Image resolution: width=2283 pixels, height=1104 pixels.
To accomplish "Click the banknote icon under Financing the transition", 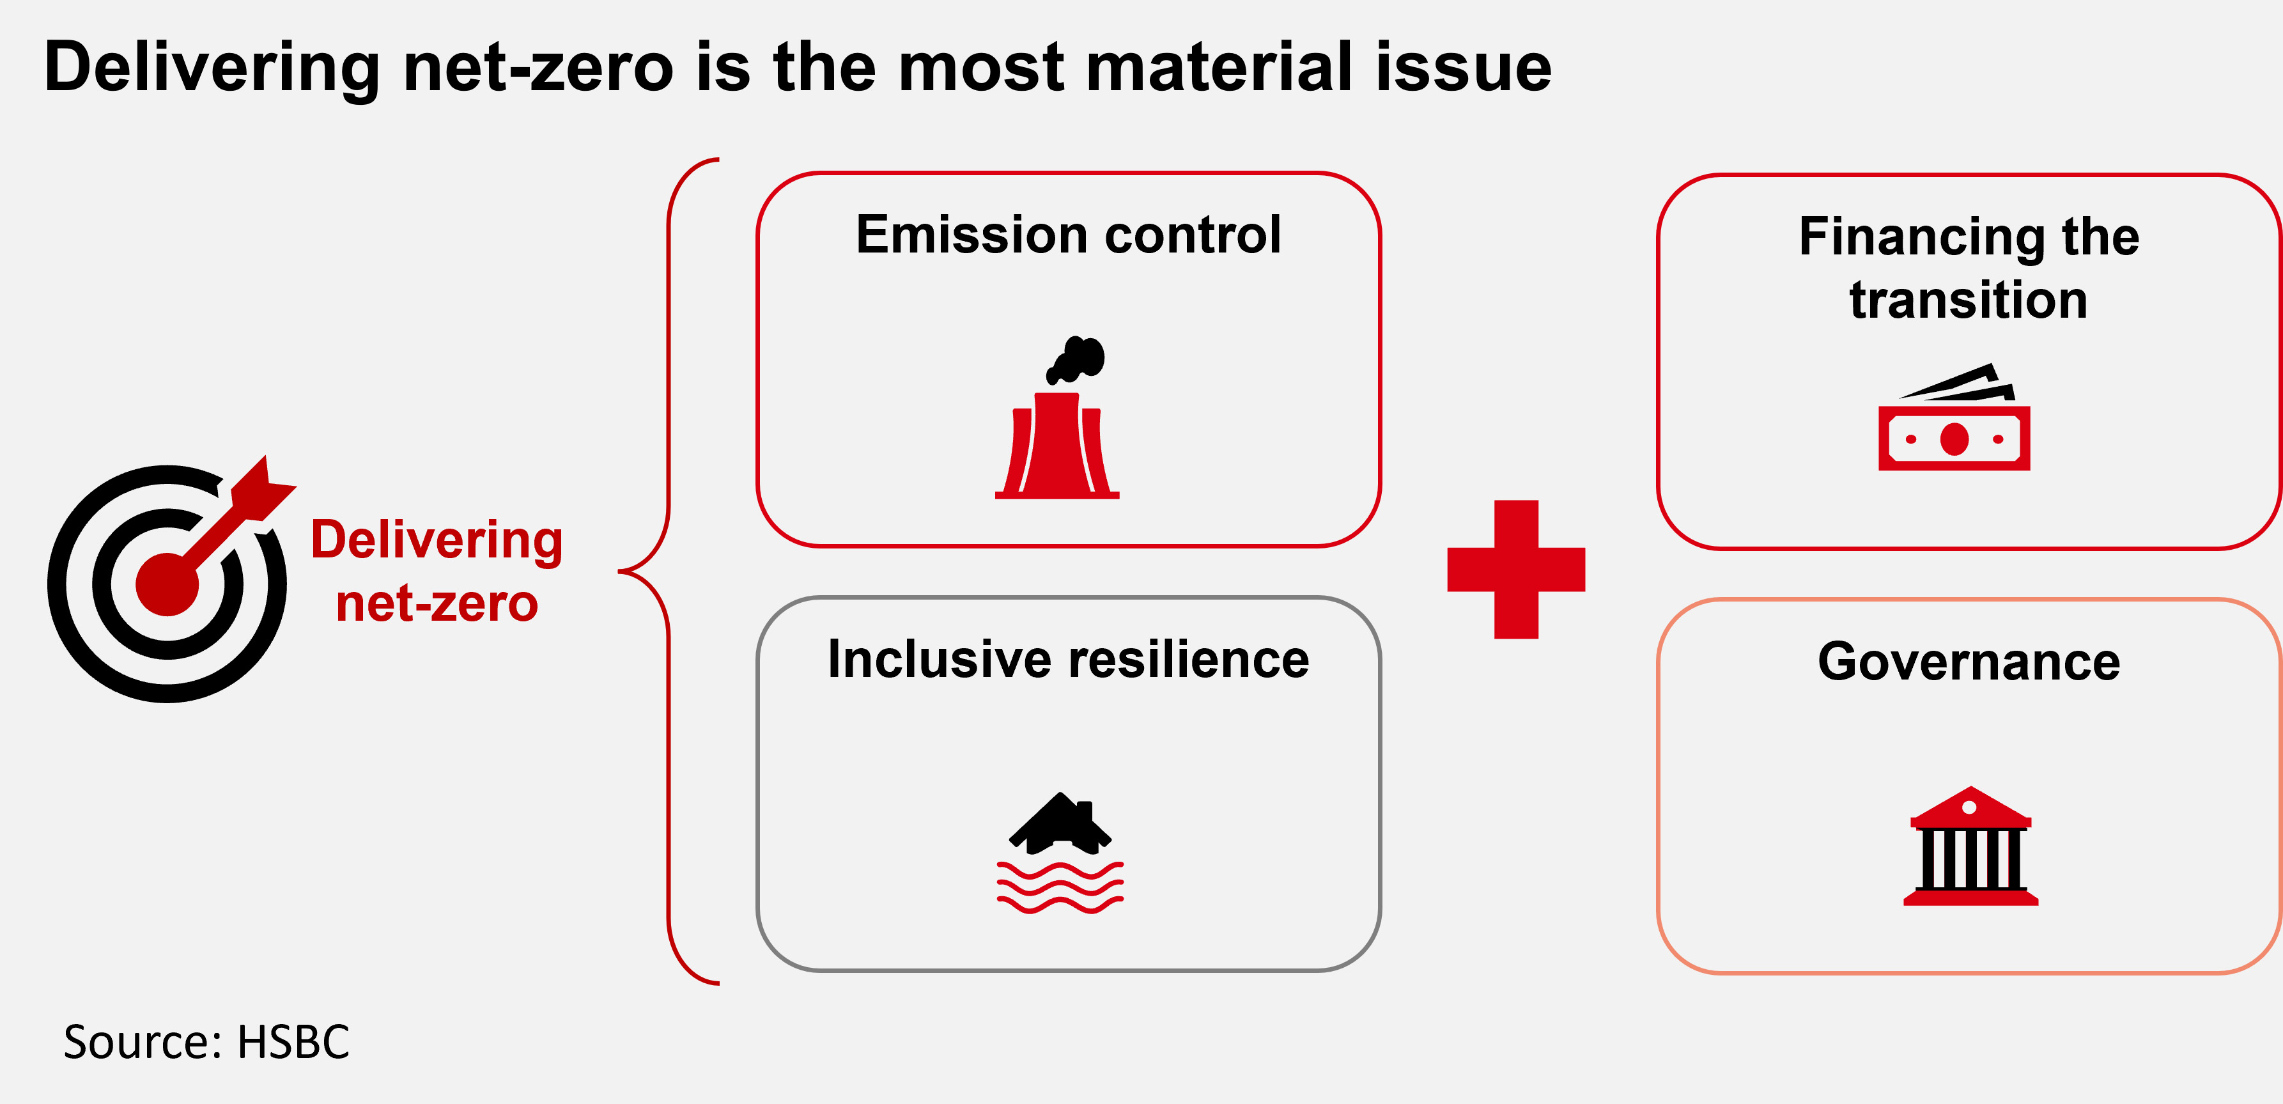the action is (x=1954, y=417).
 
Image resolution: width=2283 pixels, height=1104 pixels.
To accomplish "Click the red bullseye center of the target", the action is (x=167, y=584).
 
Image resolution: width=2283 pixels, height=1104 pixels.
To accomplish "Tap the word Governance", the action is (x=1969, y=662).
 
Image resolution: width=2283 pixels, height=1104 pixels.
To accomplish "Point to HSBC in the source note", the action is (x=293, y=1042).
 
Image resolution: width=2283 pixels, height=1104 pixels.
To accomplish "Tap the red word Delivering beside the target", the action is (x=437, y=541).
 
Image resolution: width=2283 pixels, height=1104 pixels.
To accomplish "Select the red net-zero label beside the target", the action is (x=437, y=604).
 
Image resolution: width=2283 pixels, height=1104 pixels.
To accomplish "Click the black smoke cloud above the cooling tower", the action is (x=1076, y=360).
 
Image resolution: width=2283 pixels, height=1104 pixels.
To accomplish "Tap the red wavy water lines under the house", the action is (x=1060, y=887).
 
